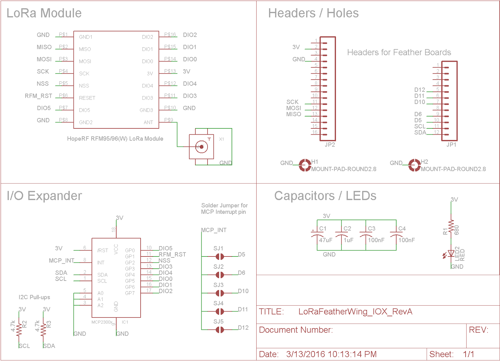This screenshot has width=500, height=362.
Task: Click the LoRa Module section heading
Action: (x=44, y=13)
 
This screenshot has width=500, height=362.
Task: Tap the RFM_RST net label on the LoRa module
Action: (x=38, y=96)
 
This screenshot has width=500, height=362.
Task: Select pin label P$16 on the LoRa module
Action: (x=170, y=34)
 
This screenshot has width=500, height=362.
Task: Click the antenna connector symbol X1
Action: (x=202, y=147)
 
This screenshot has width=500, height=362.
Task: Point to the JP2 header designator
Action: (x=330, y=145)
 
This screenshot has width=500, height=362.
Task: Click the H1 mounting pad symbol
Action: (x=305, y=165)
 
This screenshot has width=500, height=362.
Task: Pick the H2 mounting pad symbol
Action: (x=414, y=165)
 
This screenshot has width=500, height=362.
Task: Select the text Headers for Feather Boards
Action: (x=399, y=52)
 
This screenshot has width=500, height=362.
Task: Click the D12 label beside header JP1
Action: (x=420, y=90)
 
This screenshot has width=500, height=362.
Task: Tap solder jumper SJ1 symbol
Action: (x=220, y=257)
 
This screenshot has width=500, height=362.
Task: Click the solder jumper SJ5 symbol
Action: (x=220, y=330)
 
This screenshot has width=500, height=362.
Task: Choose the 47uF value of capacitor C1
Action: (x=326, y=240)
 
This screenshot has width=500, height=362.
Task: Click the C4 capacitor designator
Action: (x=402, y=229)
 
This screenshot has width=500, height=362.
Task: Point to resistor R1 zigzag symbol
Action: (x=451, y=226)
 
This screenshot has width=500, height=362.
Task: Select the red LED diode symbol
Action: (x=451, y=254)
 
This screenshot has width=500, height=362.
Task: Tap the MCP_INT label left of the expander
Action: (x=62, y=261)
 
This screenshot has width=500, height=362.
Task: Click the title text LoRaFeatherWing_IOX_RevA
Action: (x=355, y=312)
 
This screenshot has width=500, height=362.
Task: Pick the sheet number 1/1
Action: (x=468, y=354)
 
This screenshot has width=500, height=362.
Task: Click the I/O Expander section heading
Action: (x=44, y=196)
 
